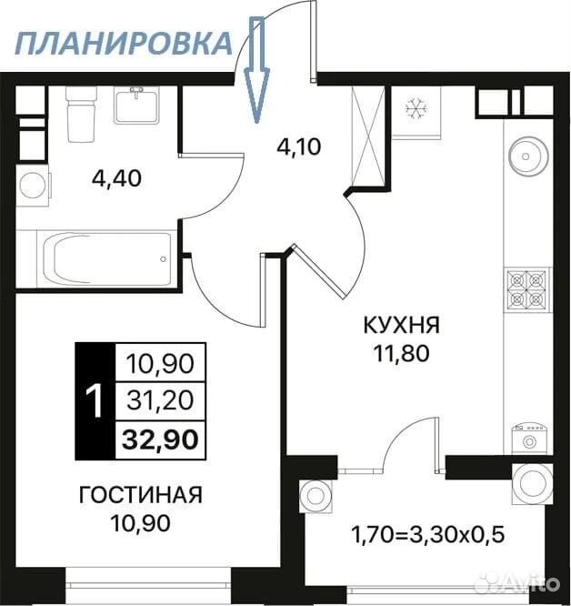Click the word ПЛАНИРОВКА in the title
[124, 44]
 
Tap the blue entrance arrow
[256, 69]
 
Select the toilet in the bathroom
[81, 114]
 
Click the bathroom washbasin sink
[136, 106]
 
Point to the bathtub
[107, 258]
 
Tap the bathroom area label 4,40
[117, 179]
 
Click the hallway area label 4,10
[299, 146]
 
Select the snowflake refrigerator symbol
[416, 108]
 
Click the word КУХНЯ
[402, 326]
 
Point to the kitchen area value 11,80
[402, 353]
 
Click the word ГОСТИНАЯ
[141, 495]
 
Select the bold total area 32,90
[160, 439]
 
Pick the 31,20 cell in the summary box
[160, 400]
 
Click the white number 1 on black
[95, 400]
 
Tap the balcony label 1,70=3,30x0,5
[427, 535]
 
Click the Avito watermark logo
[517, 581]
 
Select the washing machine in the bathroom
[34, 185]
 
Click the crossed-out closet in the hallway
[368, 136]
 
